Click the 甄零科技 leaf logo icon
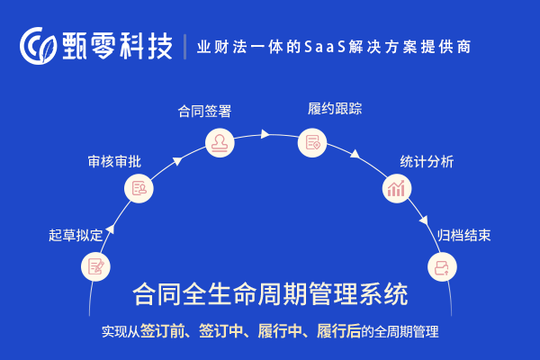click(x=38, y=46)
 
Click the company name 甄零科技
click(x=117, y=46)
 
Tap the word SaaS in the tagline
click(x=325, y=47)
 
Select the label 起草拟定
click(x=76, y=235)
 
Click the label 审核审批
click(x=114, y=162)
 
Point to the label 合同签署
click(x=204, y=112)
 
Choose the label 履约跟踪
click(x=335, y=109)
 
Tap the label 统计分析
click(x=427, y=162)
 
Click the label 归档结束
click(x=463, y=235)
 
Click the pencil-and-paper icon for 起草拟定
click(x=95, y=267)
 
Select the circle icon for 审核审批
click(x=139, y=188)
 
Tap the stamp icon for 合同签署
click(x=220, y=142)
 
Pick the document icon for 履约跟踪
click(x=312, y=142)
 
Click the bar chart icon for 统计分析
click(x=397, y=188)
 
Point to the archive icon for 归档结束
click(x=442, y=267)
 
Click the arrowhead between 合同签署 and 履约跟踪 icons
click(x=265, y=134)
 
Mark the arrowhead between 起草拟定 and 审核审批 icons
click(x=110, y=229)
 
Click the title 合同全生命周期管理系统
click(x=270, y=294)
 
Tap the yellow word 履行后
click(x=338, y=331)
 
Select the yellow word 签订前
click(x=162, y=331)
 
